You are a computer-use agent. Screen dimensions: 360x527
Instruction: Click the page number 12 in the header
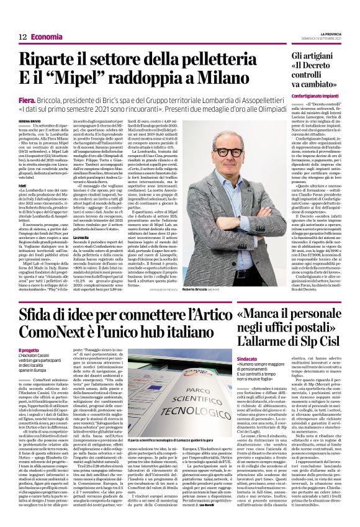click(x=21, y=37)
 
